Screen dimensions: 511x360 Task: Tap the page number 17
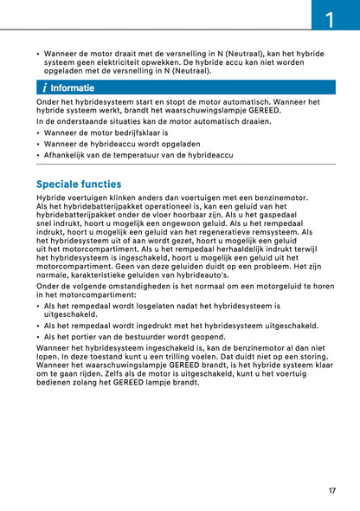(332, 491)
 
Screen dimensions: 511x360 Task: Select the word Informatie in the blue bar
(73, 87)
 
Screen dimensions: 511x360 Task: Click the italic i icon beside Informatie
(44, 87)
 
